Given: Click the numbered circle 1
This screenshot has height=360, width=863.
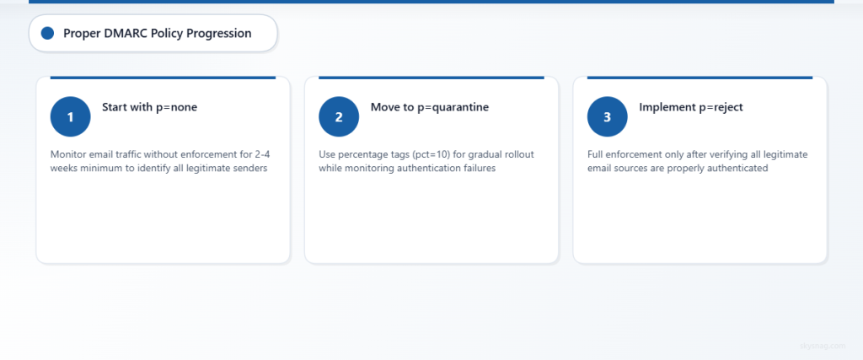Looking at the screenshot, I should pos(70,117).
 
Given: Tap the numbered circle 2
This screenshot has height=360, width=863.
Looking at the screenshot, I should pos(339,117).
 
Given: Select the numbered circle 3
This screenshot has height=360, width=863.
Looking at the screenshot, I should pos(607,117).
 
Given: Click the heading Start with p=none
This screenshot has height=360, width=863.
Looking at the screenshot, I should pos(149,107).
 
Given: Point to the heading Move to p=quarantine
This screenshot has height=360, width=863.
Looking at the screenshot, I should pos(429,107).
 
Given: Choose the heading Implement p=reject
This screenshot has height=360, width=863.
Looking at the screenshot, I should pos(691,107).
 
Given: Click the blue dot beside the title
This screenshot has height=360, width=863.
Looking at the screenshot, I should pos(47,33).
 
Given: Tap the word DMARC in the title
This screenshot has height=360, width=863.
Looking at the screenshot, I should pos(125,34).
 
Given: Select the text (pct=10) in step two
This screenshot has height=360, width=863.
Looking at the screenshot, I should pos(425,154).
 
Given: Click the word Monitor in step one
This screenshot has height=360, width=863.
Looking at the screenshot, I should pos(69,154).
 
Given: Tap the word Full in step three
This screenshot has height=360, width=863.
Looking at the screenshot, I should pos(597,154).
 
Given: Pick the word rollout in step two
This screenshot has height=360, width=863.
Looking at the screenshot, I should pos(515,154).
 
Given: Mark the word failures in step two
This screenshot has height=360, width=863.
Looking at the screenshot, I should pos(476,168).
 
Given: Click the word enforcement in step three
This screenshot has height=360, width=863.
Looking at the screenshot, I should pos(638,154).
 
